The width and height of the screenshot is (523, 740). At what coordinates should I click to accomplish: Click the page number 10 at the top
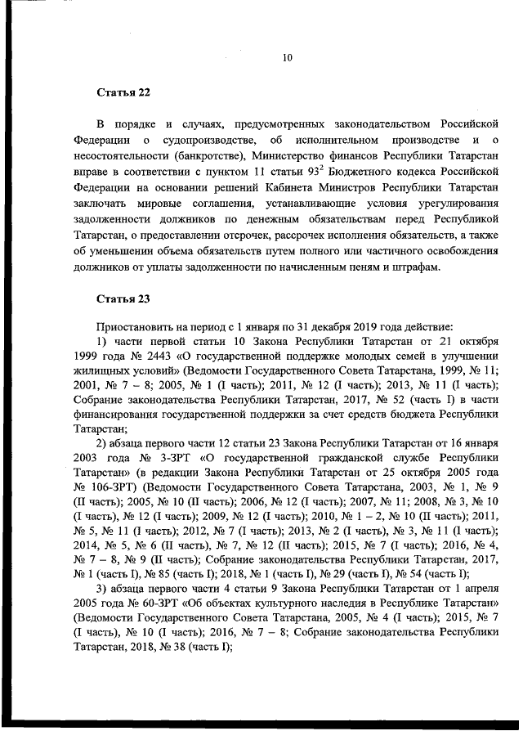tap(287, 57)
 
